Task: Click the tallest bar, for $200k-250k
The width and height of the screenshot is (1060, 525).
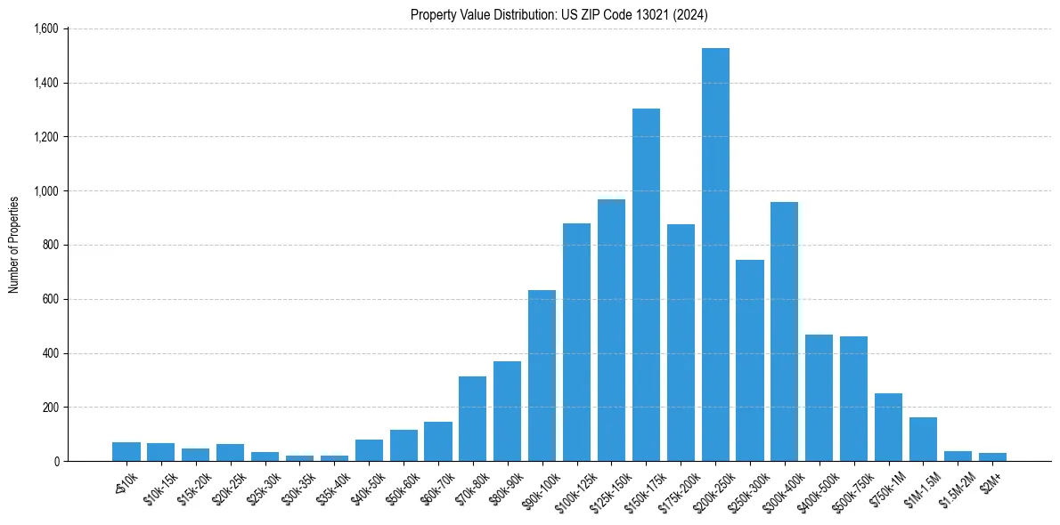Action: coord(715,254)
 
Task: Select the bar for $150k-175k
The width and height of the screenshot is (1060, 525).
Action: coord(646,285)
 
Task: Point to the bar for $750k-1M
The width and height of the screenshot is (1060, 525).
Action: coord(888,427)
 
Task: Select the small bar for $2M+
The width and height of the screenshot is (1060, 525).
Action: coord(992,456)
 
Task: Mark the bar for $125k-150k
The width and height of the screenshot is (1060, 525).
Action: coord(611,330)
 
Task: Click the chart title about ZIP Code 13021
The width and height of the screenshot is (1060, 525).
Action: coord(559,14)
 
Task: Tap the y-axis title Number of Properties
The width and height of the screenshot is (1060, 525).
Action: coord(14,245)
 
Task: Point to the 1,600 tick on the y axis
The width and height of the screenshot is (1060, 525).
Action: coord(45,28)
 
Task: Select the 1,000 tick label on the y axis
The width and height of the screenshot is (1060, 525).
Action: coord(45,191)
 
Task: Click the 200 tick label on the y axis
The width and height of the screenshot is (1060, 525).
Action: coord(50,408)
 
